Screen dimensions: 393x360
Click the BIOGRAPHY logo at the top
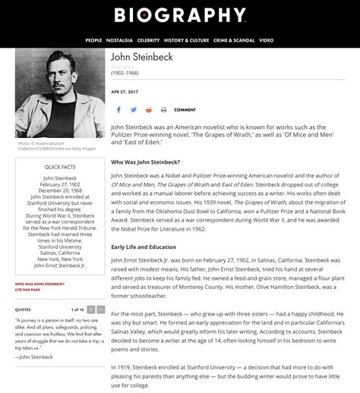pyautogui.click(x=180, y=15)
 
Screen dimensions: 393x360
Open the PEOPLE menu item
pyautogui.click(x=93, y=40)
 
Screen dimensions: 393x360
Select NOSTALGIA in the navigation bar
pyautogui.click(x=119, y=40)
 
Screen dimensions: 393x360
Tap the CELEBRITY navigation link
pyautogui.click(x=149, y=40)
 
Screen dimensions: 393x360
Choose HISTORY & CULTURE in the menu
pyautogui.click(x=187, y=40)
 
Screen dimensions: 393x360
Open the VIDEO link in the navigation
pyautogui.click(x=266, y=40)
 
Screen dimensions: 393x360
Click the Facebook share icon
pyautogui.click(x=118, y=110)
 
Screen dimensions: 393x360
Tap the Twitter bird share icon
pyautogui.click(x=134, y=110)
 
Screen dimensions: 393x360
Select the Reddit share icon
pyautogui.click(x=149, y=110)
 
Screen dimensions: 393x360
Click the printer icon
pyautogui.click(x=164, y=110)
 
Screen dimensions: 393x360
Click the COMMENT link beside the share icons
pyautogui.click(x=185, y=110)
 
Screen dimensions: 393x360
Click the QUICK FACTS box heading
pyautogui.click(x=60, y=166)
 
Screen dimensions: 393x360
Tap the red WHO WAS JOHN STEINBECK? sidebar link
pyautogui.click(x=39, y=285)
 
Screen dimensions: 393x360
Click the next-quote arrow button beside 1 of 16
pyautogui.click(x=100, y=310)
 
